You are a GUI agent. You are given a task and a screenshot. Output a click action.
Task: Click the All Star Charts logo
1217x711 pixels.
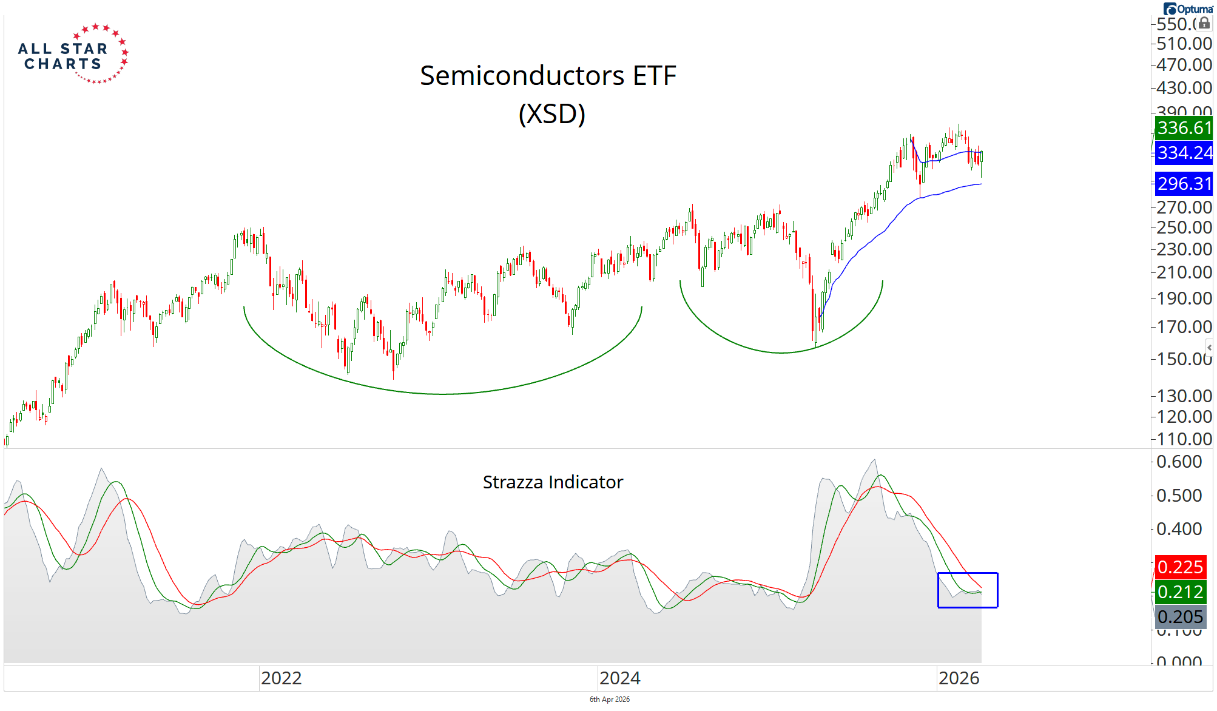(73, 55)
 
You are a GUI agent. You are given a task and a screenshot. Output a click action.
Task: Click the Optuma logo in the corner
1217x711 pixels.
(1187, 9)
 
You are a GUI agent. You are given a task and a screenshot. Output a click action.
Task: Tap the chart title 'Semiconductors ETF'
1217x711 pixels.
(548, 76)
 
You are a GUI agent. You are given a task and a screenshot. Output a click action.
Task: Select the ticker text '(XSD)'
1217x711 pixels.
(551, 113)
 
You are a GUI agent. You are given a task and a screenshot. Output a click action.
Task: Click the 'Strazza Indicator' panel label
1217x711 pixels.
(553, 482)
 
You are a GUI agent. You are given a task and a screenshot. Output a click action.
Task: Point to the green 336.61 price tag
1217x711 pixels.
(1183, 128)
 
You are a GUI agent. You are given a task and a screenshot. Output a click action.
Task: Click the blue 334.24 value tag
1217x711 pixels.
(1183, 153)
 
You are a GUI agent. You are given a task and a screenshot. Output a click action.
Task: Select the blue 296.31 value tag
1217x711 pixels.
(1183, 184)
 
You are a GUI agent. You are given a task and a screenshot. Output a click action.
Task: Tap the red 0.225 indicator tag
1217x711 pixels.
(1179, 567)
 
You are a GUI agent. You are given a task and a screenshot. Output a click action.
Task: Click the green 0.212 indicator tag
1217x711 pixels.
(1179, 592)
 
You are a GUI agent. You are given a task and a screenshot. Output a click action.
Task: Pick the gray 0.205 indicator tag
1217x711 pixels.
(1179, 617)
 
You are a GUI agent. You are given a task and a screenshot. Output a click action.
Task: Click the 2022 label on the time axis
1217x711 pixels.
(281, 678)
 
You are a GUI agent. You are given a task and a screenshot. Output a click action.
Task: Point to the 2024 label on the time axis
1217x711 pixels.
(620, 678)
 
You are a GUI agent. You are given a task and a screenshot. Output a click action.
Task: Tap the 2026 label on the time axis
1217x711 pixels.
(959, 678)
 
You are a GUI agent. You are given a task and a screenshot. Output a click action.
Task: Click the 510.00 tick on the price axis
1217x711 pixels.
(1184, 44)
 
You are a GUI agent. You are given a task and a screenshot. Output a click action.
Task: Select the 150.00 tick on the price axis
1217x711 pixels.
(1184, 359)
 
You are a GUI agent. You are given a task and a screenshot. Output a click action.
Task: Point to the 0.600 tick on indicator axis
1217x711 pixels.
(1179, 462)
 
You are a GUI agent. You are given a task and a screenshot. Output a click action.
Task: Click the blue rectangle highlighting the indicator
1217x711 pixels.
(968, 574)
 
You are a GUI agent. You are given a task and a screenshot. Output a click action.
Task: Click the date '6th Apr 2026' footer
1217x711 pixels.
(610, 699)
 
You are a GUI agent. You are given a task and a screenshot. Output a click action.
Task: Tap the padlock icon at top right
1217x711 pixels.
(1204, 23)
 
